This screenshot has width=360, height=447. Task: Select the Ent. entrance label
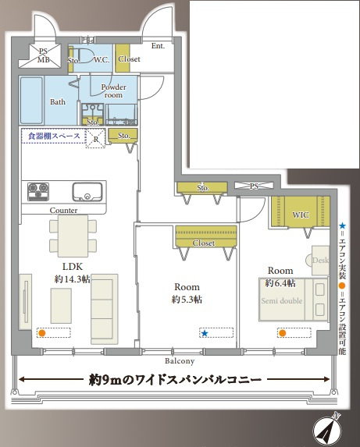[159, 46]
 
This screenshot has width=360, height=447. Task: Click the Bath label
[58, 101]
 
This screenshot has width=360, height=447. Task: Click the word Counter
[62, 211]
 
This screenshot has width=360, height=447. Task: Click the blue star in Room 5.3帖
[205, 334]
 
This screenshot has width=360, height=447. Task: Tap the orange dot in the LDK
[42, 333]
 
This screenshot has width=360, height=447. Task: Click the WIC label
[301, 215]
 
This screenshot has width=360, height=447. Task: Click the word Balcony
[180, 361]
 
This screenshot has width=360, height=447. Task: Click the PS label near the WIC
[254, 186]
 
